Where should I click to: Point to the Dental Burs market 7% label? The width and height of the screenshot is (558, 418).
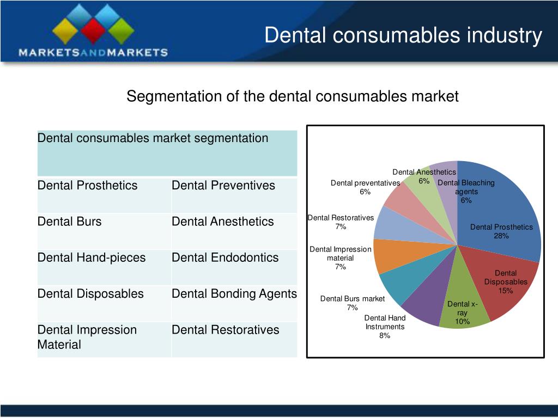tap(353, 303)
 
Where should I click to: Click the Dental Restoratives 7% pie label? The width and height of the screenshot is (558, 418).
tap(341, 222)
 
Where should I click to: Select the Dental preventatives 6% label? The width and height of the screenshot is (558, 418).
tap(365, 187)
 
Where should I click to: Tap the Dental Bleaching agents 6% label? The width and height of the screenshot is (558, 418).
tap(466, 191)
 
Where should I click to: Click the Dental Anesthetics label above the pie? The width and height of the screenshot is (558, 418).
tap(424, 172)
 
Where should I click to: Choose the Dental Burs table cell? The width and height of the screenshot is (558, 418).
tap(70, 222)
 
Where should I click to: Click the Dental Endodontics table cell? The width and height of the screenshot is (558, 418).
tap(225, 257)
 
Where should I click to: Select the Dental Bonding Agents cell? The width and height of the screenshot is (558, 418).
tap(234, 294)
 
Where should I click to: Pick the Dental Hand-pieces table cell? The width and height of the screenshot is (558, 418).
tap(92, 257)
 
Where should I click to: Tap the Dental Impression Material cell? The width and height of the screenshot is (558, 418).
tap(87, 337)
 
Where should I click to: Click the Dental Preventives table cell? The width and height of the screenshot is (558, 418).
tap(223, 186)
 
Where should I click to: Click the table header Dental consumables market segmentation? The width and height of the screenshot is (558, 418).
tap(153, 138)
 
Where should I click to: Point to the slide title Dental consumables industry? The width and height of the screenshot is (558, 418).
tap(403, 35)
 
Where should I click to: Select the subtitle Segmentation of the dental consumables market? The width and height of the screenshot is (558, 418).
tap(293, 97)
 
